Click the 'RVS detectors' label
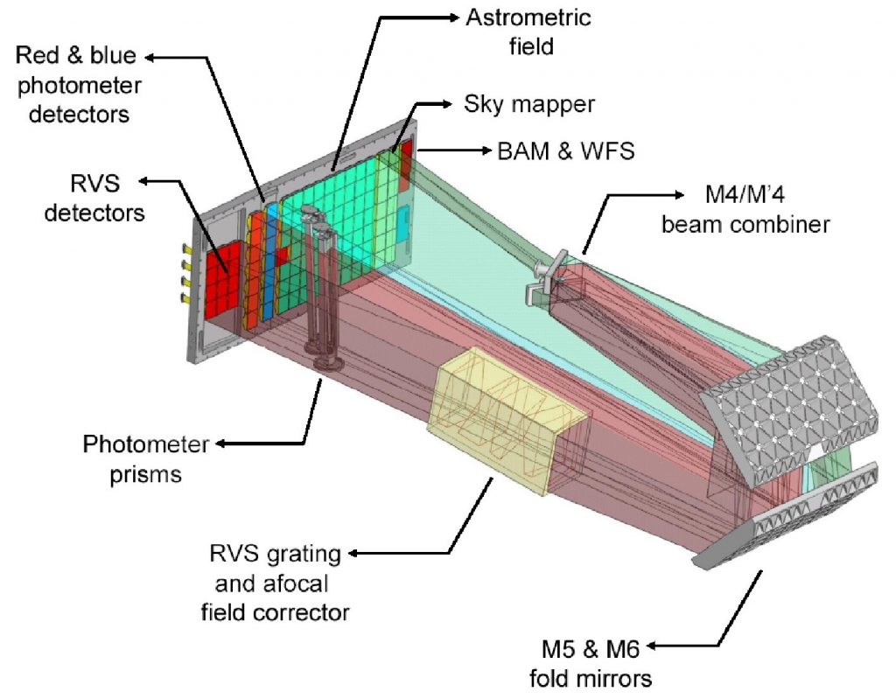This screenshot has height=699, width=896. [x=97, y=197]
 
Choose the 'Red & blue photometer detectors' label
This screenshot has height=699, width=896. [x=76, y=84]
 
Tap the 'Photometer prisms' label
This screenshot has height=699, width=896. [x=146, y=458]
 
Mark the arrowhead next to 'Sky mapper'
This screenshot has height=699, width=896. [x=450, y=104]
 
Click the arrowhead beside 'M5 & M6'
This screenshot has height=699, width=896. [x=651, y=647]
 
